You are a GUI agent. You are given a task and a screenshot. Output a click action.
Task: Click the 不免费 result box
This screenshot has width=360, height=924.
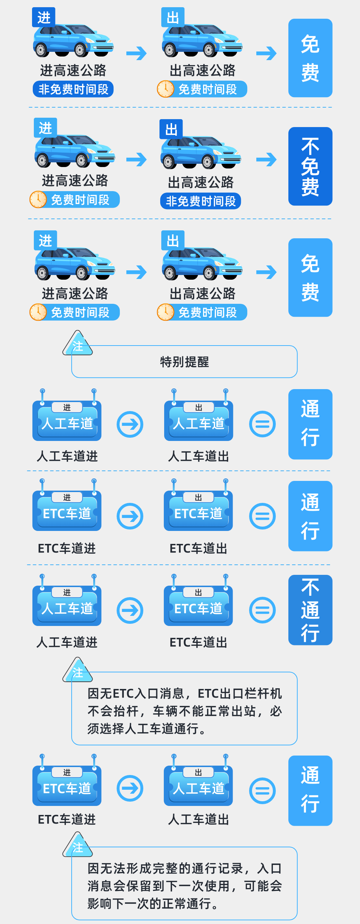pyautogui.click(x=310, y=166)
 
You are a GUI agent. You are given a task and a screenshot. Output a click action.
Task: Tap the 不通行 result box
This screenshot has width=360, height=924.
pyautogui.click(x=310, y=610)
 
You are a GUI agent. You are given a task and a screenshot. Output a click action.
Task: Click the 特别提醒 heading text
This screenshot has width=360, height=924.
pyautogui.click(x=184, y=362)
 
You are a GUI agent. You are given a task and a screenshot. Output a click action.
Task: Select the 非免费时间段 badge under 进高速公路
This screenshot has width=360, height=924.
pyautogui.click(x=73, y=89)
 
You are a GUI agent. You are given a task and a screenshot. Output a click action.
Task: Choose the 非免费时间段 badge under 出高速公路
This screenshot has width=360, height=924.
pyautogui.click(x=201, y=201)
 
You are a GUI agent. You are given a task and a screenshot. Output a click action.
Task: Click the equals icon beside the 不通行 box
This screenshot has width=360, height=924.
pyautogui.click(x=262, y=610)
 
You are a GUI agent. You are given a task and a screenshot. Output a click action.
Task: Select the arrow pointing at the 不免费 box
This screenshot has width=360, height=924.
pyautogui.click(x=266, y=159)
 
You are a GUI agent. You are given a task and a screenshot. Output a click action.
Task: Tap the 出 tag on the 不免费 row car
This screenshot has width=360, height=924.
pyautogui.click(x=171, y=129)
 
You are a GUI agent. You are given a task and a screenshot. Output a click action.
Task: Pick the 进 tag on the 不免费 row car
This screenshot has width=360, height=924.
pyautogui.click(x=45, y=128)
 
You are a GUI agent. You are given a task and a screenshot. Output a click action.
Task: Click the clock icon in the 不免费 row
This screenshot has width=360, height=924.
pyautogui.click(x=38, y=199)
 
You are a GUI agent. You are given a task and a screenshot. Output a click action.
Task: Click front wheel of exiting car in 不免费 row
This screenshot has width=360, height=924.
pyautogui.click(x=208, y=162)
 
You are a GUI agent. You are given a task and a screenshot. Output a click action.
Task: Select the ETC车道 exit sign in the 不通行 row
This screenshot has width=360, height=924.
pyautogui.click(x=198, y=606)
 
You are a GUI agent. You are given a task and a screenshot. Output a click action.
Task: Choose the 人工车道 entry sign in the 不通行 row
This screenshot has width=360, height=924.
pyautogui.click(x=67, y=606)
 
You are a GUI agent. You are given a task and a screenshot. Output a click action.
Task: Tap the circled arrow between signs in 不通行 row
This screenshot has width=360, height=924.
pyautogui.click(x=130, y=610)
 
